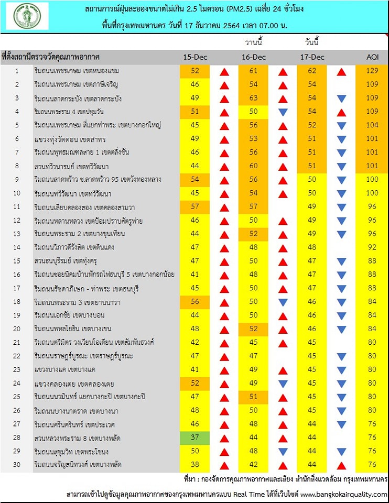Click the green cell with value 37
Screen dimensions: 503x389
tap(195, 437)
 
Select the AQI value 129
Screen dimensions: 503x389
tap(371, 71)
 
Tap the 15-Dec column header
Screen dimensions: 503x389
tap(195, 57)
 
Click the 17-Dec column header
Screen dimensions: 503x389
tap(312, 57)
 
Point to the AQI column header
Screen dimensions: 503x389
tap(371, 57)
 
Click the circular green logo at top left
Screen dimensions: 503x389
tap(27, 16)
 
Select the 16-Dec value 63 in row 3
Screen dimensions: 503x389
tap(254, 98)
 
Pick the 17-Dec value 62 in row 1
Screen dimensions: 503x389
tap(312, 71)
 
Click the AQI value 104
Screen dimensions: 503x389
tap(371, 125)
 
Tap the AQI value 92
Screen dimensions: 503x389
tap(371, 247)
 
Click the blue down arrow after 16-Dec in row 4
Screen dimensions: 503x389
tap(283, 112)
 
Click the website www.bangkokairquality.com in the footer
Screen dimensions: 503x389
tap(343, 494)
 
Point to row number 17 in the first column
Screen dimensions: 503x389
tap(17, 288)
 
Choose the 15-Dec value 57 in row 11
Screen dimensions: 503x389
tap(195, 206)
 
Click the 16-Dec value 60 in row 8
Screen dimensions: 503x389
tap(254, 166)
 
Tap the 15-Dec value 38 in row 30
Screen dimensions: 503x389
tap(195, 464)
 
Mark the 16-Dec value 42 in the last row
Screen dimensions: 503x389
tap(254, 464)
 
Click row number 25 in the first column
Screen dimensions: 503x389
tap(17, 397)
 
